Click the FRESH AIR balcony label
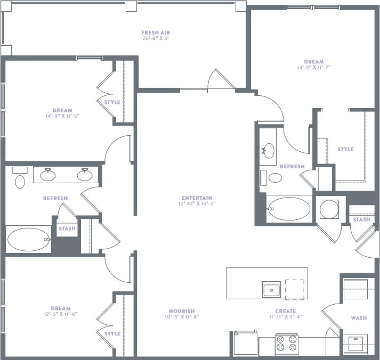tap(156, 32)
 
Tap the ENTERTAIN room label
tap(197, 198)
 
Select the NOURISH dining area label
tap(182, 311)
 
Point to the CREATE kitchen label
tap(286, 311)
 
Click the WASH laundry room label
tap(359, 318)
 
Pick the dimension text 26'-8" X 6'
tap(156, 39)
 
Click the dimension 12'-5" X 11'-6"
tap(61, 314)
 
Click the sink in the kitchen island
tap(271, 290)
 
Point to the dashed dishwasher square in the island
tap(295, 289)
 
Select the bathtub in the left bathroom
tap(28, 240)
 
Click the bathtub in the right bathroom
tap(288, 209)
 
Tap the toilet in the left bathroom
tap(20, 181)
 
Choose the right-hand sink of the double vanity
tap(84, 174)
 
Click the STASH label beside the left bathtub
tap(67, 229)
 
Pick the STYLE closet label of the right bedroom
tap(345, 149)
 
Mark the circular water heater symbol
tap(329, 209)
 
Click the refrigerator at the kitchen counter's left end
tap(245, 344)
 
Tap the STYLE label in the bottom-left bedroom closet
tap(112, 334)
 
